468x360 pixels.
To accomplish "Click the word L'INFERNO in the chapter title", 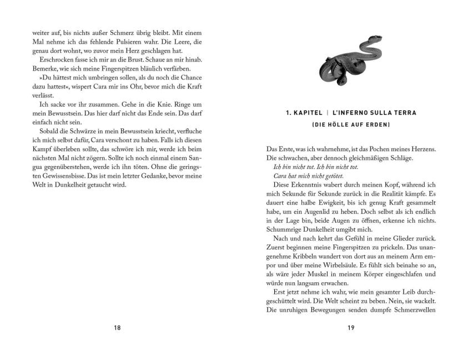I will [356, 112].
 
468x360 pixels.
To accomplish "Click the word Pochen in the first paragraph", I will [384, 149].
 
